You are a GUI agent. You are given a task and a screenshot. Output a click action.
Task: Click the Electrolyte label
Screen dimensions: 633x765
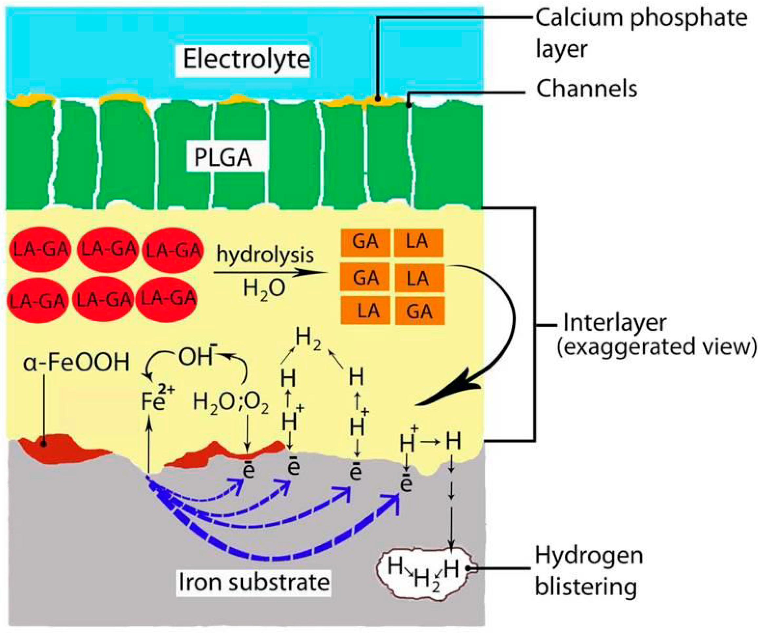(246, 59)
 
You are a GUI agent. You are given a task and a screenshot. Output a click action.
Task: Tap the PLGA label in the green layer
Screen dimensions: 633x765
(223, 158)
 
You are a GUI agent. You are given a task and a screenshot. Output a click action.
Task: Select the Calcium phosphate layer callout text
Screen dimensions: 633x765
(641, 33)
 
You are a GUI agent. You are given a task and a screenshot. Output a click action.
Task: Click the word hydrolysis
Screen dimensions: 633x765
(265, 255)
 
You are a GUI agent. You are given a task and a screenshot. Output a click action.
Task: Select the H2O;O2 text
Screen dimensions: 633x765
(231, 404)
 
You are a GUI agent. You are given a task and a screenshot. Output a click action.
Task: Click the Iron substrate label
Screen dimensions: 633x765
(254, 582)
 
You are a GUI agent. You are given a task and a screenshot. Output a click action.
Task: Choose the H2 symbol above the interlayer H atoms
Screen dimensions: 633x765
(308, 339)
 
